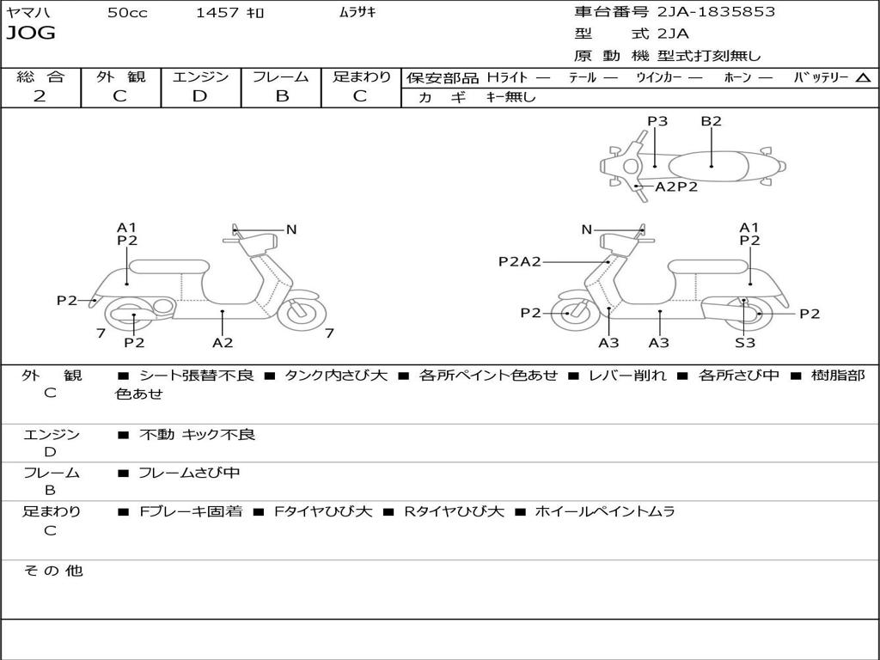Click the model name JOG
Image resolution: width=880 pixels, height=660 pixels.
31,34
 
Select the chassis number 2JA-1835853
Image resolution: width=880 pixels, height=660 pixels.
716,12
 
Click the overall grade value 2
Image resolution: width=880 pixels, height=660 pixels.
40,96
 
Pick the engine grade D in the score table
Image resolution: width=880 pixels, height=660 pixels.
199,96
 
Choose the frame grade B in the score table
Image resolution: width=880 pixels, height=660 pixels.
281,96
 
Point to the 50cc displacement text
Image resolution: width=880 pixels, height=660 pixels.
127,13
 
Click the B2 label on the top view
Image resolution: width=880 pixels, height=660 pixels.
711,121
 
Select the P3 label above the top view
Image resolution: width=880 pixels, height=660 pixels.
657,121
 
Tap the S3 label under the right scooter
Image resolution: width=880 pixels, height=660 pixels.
744,343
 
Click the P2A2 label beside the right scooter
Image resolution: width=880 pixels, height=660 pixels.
520,262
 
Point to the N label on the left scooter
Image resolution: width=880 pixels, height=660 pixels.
291,229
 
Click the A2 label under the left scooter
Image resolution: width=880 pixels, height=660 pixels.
223,343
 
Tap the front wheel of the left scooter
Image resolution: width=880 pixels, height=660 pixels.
302,311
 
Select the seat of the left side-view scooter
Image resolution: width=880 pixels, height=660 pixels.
169,266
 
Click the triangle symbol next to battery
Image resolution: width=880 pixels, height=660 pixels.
863,78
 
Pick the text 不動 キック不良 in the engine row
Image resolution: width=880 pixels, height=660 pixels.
198,435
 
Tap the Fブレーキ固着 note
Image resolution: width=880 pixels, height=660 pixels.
191,511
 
